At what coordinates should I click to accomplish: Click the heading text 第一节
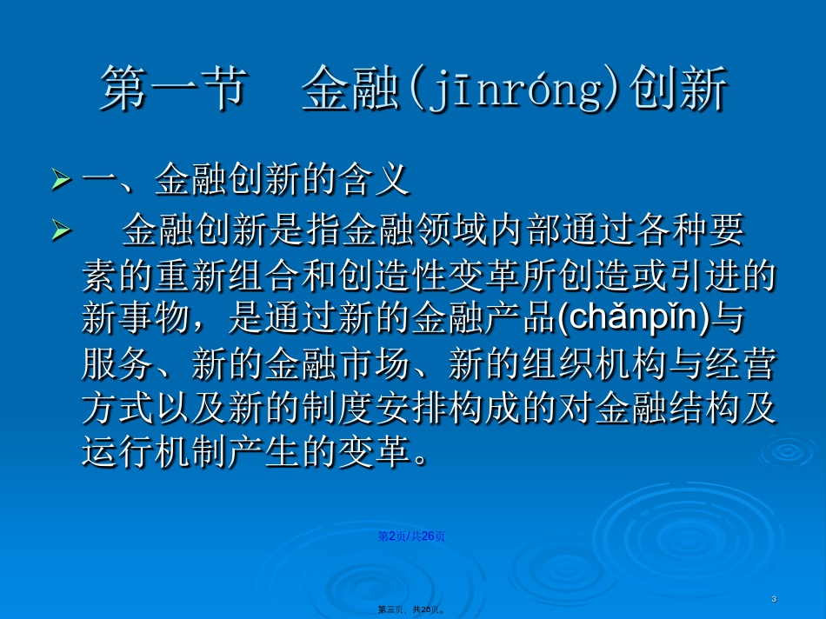tap(173, 89)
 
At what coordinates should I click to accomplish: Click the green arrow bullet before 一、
tap(62, 180)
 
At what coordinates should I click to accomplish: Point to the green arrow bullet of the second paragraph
tap(62, 230)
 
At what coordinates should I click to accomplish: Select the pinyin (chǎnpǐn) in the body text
tap(633, 317)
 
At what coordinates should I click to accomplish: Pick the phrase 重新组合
tap(228, 275)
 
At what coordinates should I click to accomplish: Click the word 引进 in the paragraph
tap(703, 275)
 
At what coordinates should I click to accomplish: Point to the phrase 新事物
tap(136, 318)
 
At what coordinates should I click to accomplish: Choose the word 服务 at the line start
tap(118, 363)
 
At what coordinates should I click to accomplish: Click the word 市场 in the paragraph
tap(375, 363)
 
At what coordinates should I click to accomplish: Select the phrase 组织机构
tap(594, 363)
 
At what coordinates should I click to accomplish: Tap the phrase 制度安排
tap(375, 408)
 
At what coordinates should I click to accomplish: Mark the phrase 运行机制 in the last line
tap(155, 452)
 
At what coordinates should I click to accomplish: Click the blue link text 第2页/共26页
tap(411, 536)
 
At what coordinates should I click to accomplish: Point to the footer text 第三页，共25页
tap(411, 609)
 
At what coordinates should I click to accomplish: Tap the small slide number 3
tap(774, 598)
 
